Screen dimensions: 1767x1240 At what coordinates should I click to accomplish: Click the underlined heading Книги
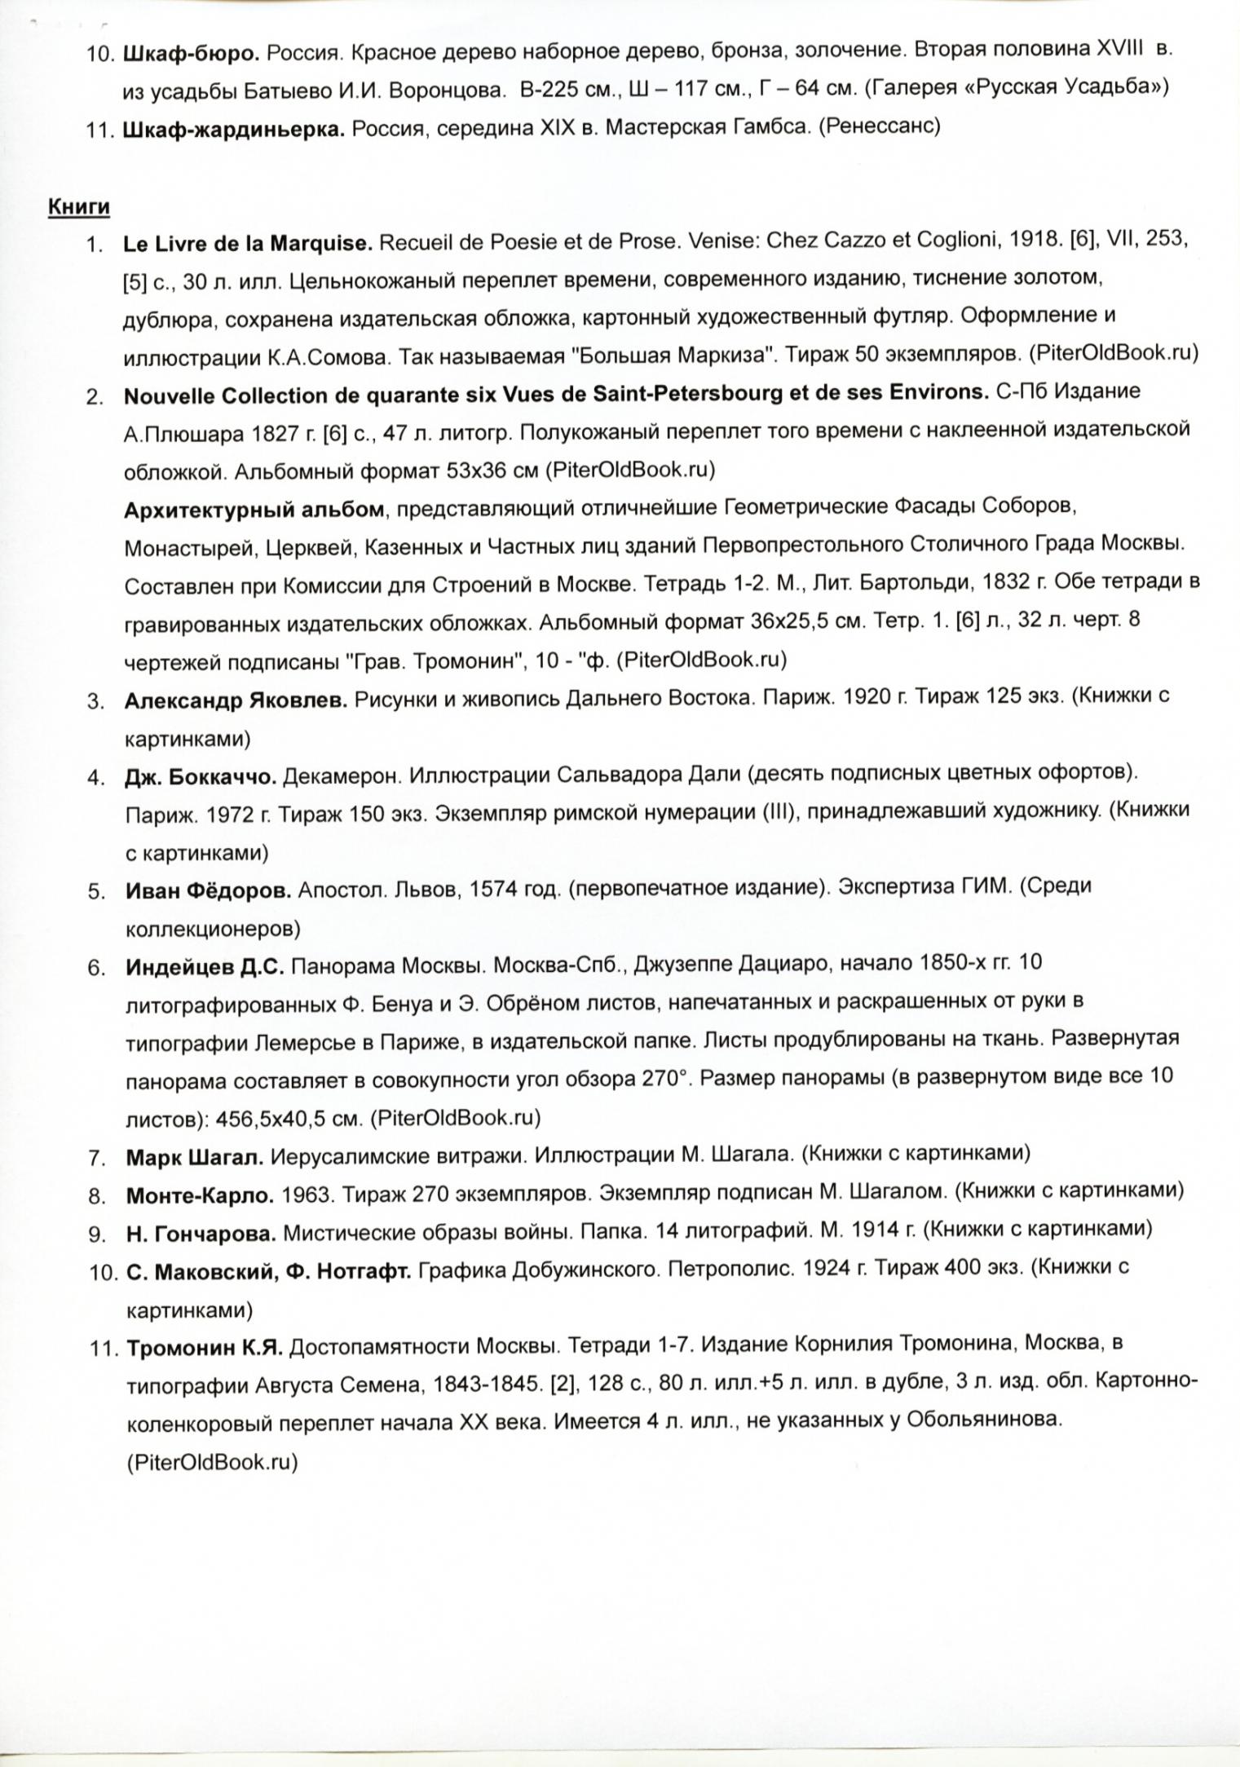point(79,206)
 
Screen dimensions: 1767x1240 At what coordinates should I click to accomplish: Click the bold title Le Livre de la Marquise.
point(248,243)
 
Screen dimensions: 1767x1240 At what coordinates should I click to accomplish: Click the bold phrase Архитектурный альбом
point(254,510)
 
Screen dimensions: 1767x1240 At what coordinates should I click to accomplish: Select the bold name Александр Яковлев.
point(236,700)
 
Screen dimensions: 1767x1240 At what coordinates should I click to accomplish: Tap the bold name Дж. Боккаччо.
point(201,777)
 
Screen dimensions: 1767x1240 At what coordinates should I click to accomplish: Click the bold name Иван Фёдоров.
point(208,890)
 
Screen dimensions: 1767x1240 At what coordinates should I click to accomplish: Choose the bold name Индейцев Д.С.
point(205,967)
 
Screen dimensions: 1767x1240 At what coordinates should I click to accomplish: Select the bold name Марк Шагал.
point(195,1156)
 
